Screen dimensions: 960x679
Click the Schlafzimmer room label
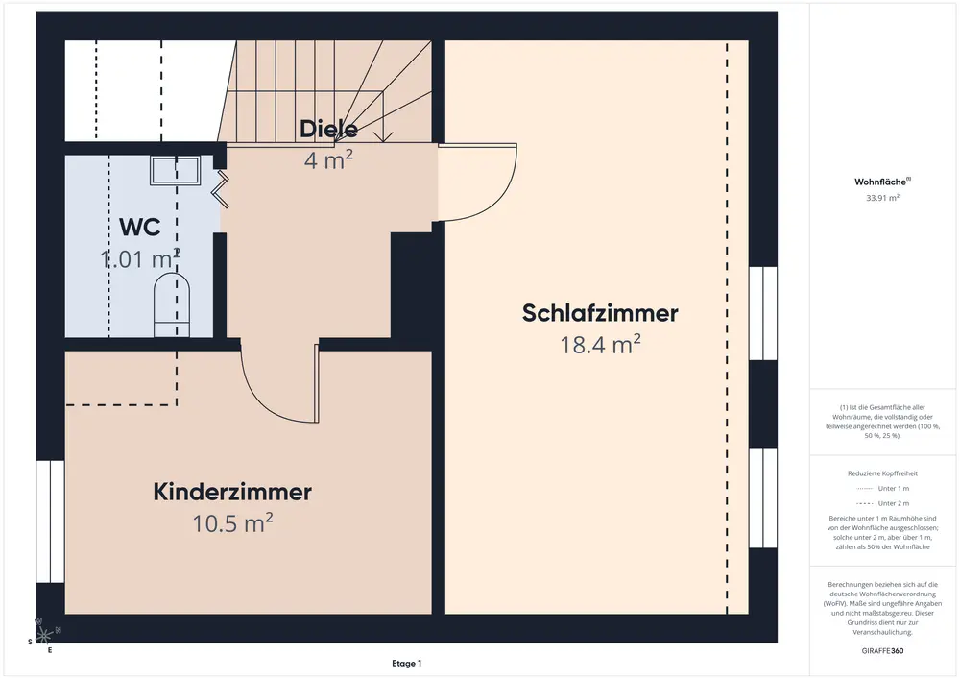pos(600,313)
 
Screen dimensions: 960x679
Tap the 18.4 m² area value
pos(600,345)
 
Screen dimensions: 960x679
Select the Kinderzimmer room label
pos(232,492)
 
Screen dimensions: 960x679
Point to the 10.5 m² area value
pos(232,522)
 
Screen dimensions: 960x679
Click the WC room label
pos(139,227)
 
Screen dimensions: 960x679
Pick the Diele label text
pos(328,129)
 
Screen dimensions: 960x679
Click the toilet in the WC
pos(173,303)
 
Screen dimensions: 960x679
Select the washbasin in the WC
pos(174,172)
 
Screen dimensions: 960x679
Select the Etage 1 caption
pos(406,663)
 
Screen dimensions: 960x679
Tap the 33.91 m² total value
pos(882,198)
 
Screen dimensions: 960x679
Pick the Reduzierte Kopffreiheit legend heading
pos(882,473)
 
